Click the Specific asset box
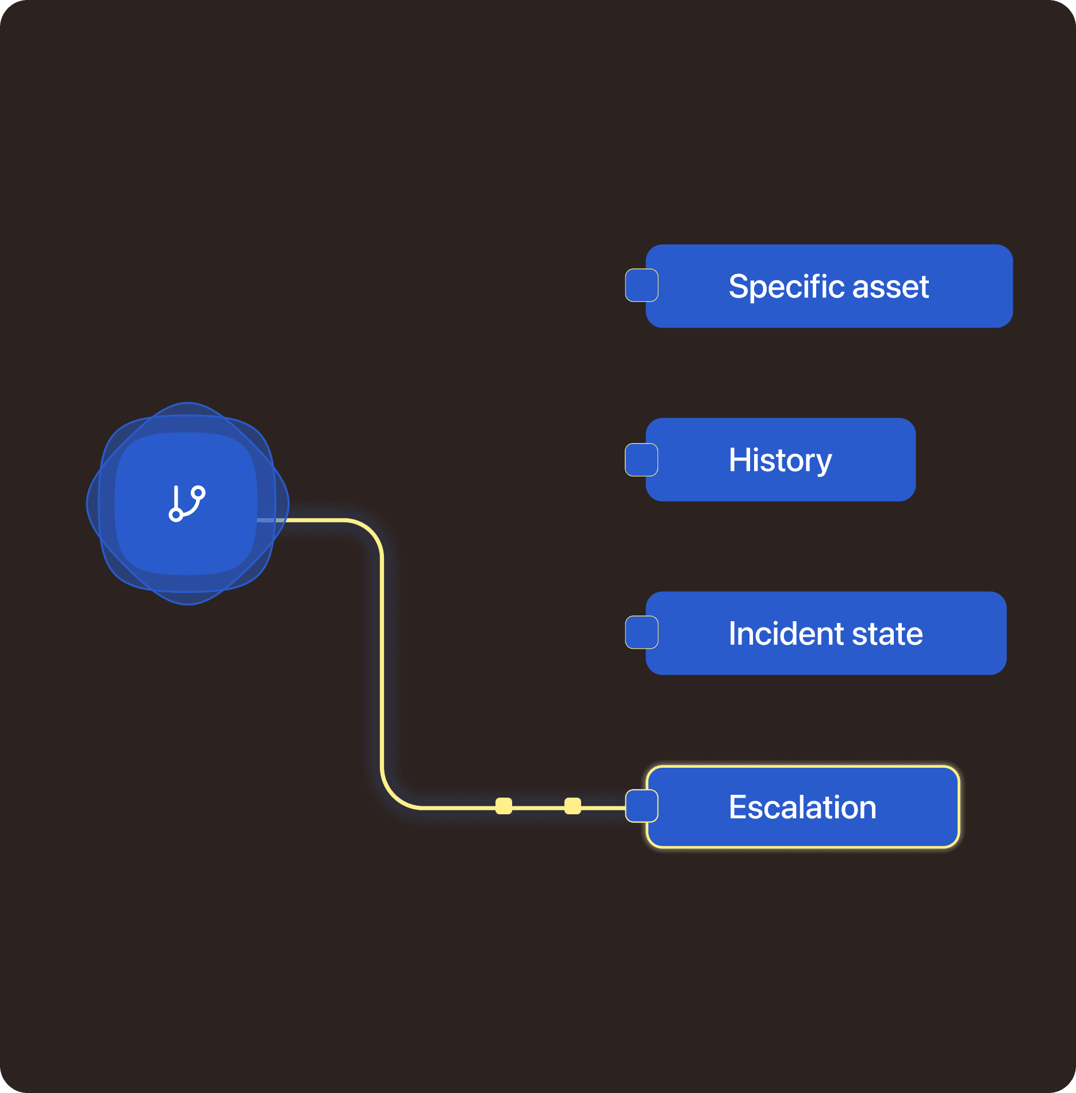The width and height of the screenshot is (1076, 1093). (829, 286)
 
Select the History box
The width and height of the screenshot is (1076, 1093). (781, 460)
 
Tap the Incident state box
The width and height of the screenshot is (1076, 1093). (826, 633)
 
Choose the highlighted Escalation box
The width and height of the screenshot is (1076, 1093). (803, 807)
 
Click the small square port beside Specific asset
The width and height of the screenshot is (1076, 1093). (641, 285)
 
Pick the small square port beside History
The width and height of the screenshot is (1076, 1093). (641, 460)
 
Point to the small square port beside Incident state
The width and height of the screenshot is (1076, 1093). (641, 632)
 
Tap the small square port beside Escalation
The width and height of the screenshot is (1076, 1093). (641, 806)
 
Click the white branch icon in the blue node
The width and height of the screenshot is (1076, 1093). (187, 503)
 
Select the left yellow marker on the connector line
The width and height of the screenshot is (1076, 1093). (504, 806)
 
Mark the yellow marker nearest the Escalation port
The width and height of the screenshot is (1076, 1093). (572, 806)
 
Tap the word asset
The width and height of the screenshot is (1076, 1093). (890, 287)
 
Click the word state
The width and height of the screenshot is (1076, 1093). (887, 634)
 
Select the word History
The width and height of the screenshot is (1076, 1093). (781, 460)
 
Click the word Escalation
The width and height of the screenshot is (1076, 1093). (803, 807)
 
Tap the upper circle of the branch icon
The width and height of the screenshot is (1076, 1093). (198, 493)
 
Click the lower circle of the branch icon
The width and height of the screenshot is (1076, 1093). (176, 514)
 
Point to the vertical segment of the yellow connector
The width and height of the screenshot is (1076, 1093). (382, 661)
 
